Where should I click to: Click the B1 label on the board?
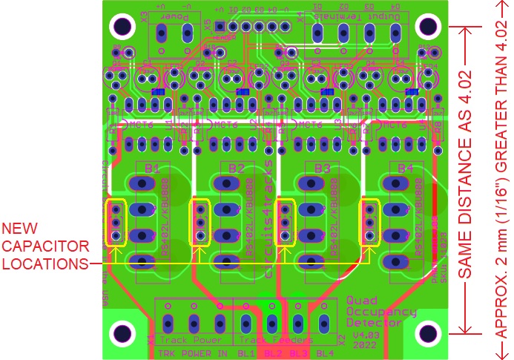tap(152, 169)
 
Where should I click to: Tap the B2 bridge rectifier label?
tap(236, 169)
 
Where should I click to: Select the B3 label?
tap(321, 169)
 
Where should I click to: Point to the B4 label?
tap(405, 169)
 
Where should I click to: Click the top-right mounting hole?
tap(429, 26)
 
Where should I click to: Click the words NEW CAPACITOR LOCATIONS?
tap(45, 245)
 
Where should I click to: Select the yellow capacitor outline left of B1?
tap(116, 222)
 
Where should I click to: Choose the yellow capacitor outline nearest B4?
tap(369, 222)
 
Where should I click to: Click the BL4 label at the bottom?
tap(324, 353)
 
